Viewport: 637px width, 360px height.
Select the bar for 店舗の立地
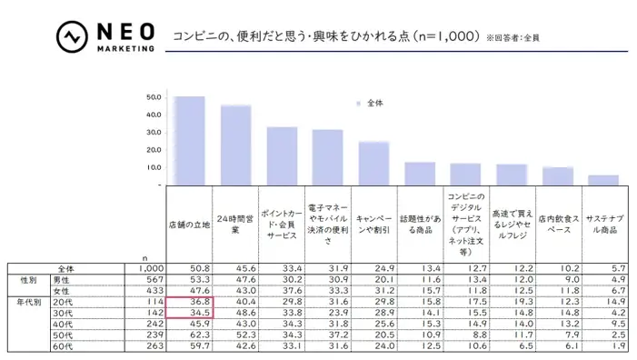click(x=189, y=141)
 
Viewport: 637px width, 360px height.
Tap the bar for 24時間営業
click(x=235, y=145)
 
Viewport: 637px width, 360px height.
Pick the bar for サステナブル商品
click(x=603, y=180)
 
